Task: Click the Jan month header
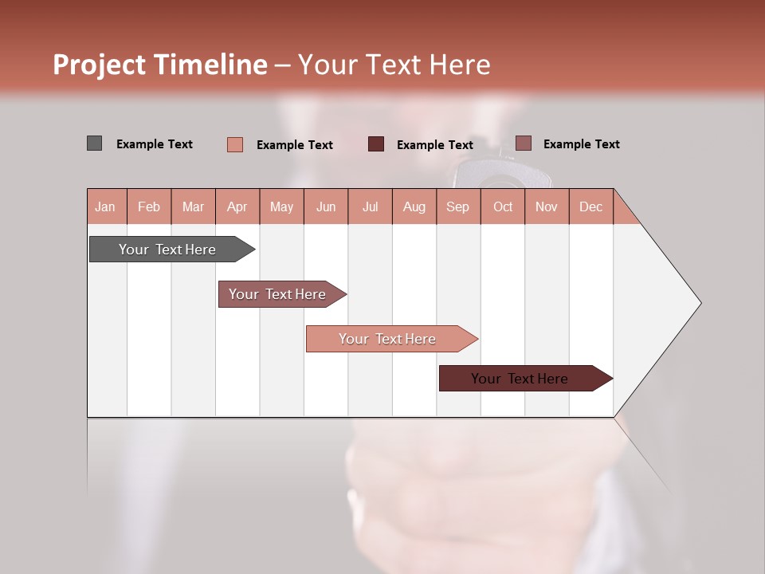[105, 206]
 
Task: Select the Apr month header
[237, 206]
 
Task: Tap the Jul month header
[370, 206]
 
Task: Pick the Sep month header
[457, 206]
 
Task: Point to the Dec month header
[590, 206]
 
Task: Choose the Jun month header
[326, 206]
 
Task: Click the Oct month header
[503, 206]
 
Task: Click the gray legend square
[94, 143]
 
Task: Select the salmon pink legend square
[235, 144]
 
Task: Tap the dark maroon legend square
[376, 143]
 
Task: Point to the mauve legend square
[523, 143]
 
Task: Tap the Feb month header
[149, 206]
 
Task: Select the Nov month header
[547, 206]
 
